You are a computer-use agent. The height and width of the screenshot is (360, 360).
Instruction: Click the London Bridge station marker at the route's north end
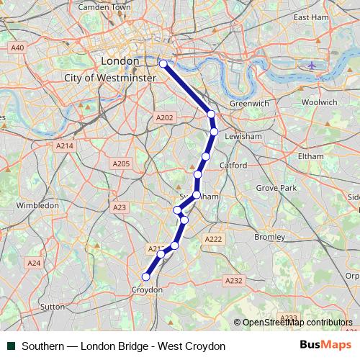coord(163,64)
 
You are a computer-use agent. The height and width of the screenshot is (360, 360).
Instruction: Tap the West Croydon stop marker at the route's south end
coord(146,276)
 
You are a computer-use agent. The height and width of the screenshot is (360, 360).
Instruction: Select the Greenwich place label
coord(249,104)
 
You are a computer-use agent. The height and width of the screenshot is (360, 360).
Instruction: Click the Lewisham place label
coord(243,135)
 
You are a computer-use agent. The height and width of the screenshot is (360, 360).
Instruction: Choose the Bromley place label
coord(271,236)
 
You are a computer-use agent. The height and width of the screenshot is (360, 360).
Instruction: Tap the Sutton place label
coord(53,306)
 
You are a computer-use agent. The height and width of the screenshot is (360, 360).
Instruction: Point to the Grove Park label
coord(276,188)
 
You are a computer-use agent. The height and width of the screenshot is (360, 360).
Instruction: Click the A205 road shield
coord(121,164)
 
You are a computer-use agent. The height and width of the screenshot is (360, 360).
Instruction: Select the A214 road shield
coord(65,145)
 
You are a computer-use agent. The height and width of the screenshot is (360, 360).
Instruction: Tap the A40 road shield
coord(18,48)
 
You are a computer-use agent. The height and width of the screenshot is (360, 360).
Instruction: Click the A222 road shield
coord(212,239)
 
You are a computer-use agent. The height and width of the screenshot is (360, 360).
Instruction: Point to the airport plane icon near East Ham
coord(311,65)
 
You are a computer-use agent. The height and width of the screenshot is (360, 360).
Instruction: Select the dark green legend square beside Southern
coord(11,346)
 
